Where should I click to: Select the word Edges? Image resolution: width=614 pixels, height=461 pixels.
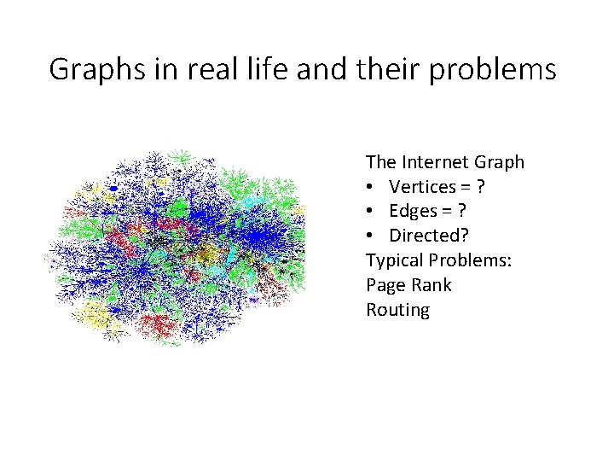pos(413,211)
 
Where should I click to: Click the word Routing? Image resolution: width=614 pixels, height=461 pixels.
pos(397,310)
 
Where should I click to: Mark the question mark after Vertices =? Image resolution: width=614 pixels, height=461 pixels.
pos(483,186)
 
